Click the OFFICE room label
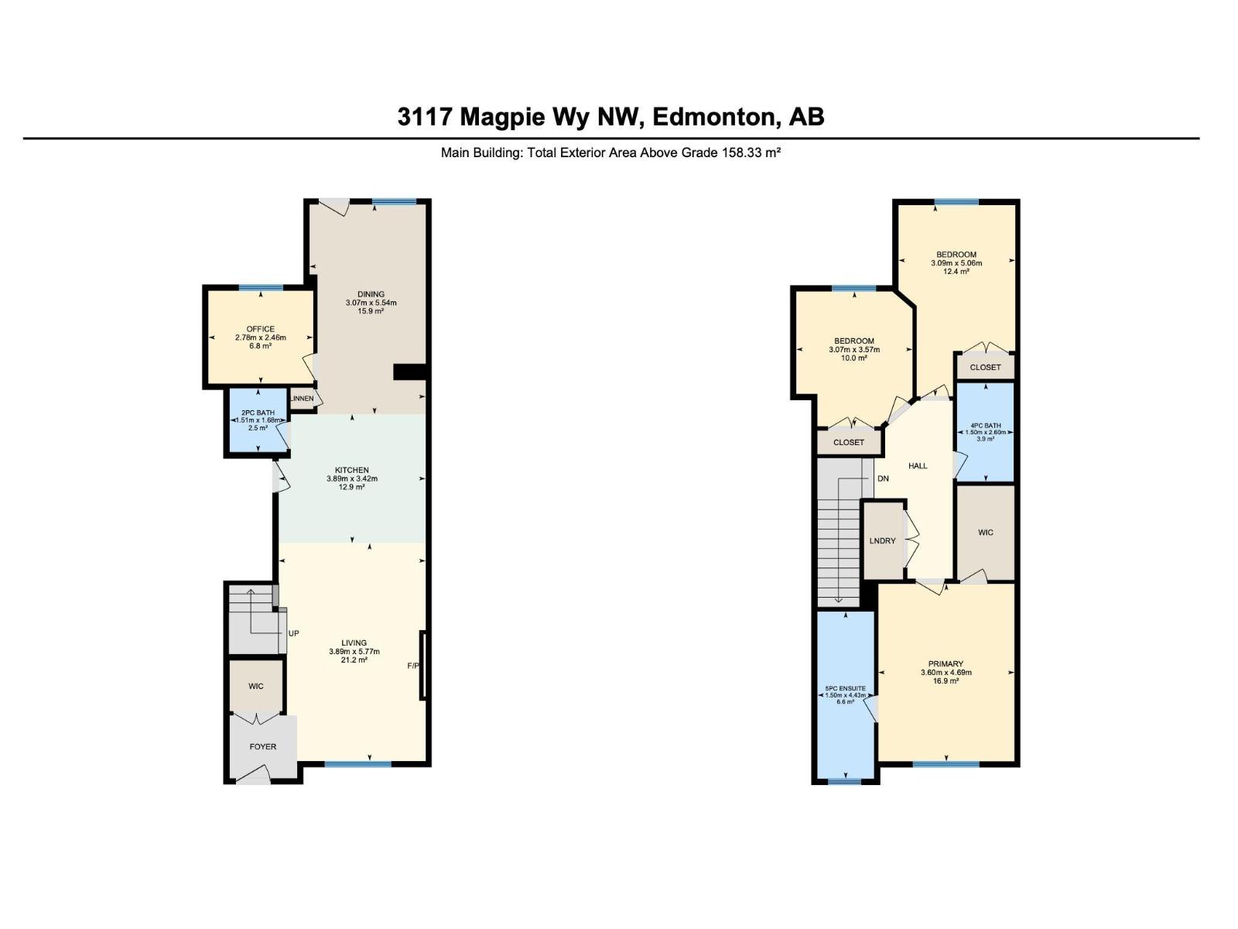pos(260,329)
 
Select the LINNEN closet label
pos(302,399)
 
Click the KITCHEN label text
pos(351,470)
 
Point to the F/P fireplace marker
pos(414,666)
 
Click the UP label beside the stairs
pos(293,633)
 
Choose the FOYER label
pos(262,746)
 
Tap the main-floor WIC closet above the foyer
pos(256,686)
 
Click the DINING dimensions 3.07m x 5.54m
pos(371,303)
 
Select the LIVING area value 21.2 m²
pos(354,660)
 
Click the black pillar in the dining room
pos(409,372)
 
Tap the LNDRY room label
pos(882,540)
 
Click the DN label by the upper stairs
pos(883,478)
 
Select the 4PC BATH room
pos(985,431)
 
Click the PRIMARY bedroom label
pos(946,663)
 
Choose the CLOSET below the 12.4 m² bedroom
pos(985,367)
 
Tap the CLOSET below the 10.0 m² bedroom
pos(849,442)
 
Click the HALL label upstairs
pos(918,465)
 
